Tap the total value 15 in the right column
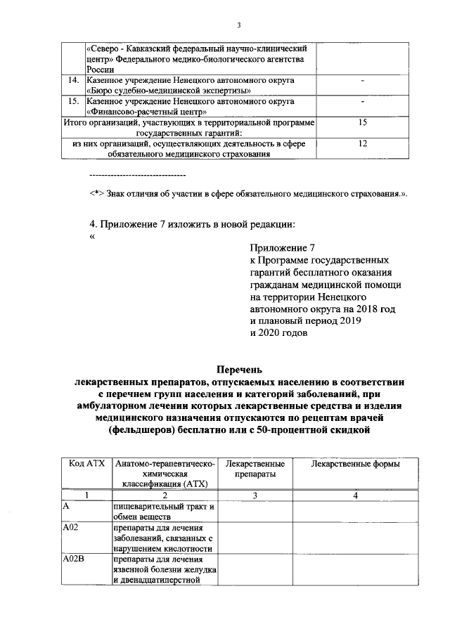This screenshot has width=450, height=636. pos(363,122)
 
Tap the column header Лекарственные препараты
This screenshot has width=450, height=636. pos(255,469)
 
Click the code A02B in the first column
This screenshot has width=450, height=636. pos(74,559)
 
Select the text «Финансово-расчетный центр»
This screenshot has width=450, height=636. pos(146,112)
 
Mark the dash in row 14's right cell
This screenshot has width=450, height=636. pos(363,81)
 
